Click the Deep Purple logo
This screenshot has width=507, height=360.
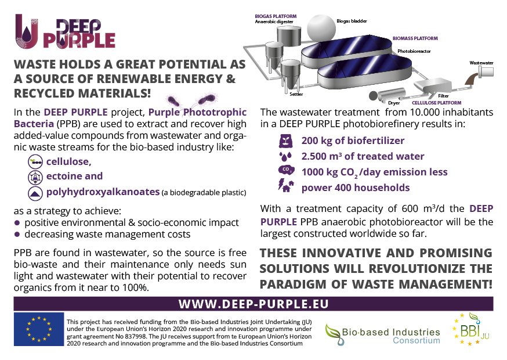[66, 32]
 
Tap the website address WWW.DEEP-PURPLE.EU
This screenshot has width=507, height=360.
[253, 304]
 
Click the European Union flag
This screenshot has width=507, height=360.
[39, 329]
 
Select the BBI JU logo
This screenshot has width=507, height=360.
[472, 329]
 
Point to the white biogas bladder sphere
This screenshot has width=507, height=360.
[321, 28]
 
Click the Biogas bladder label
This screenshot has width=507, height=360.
[352, 21]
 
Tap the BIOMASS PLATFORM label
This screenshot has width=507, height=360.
[415, 38]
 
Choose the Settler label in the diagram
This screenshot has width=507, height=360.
[296, 94]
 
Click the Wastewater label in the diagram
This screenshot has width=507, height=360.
[481, 63]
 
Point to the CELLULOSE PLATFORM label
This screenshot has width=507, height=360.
[436, 103]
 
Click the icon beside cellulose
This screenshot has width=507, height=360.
[35, 161]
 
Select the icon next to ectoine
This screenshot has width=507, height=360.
[35, 177]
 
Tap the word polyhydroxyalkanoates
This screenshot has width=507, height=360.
[103, 192]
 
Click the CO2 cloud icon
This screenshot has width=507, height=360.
[286, 170]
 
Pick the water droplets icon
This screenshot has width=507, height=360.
[285, 156]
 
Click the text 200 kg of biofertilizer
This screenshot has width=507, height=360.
[353, 141]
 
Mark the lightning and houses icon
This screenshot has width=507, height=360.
[286, 185]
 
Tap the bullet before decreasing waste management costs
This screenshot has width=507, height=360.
[17, 235]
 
